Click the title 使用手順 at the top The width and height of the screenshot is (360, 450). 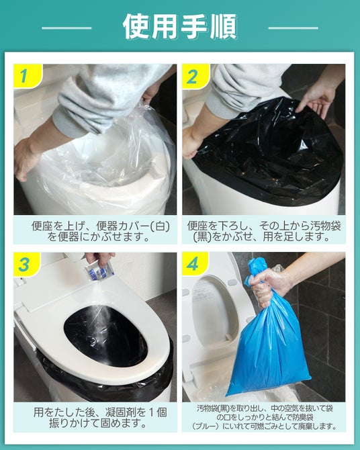(180, 26)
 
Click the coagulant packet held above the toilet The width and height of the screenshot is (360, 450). (99, 271)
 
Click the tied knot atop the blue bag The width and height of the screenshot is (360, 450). (253, 269)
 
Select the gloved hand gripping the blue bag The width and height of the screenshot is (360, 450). (267, 285)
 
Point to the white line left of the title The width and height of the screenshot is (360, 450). (66, 28)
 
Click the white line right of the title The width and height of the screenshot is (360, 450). (293, 28)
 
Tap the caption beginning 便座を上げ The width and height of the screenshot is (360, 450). (101, 232)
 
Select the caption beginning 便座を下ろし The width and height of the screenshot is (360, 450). (264, 232)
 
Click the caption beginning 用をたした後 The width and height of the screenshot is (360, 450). (100, 418)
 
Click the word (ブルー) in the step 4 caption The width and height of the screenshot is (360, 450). (206, 426)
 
